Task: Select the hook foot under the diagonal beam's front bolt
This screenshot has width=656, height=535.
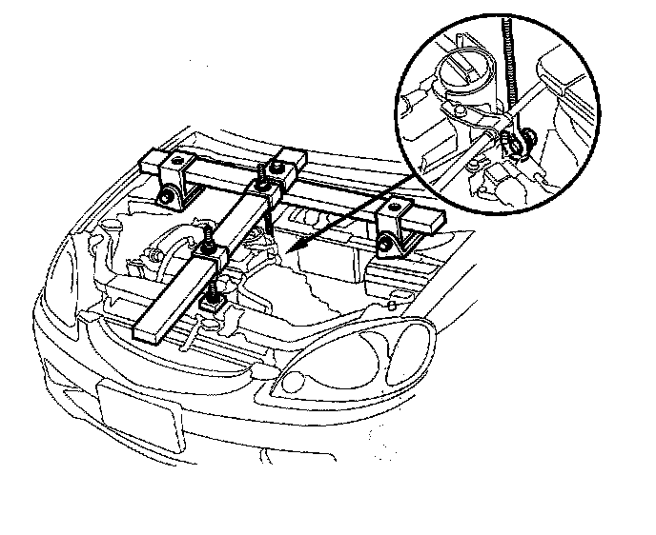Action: coord(215,303)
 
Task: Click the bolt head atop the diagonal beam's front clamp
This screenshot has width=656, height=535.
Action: coord(206,233)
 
